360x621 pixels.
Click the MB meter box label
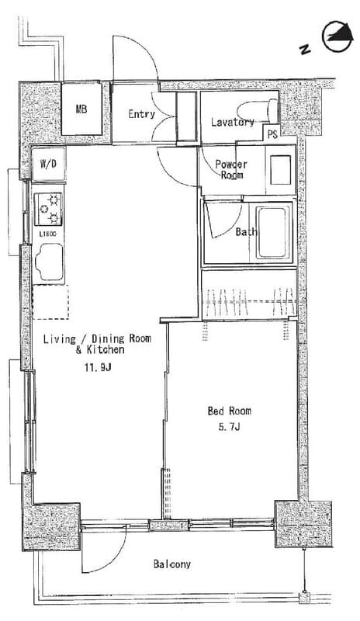pos(81,109)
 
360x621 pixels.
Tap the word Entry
pos(141,114)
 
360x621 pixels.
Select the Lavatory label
pos(233,122)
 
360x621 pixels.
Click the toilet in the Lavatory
pos(257,110)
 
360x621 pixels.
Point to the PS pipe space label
pos(272,134)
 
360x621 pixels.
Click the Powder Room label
pos(231,169)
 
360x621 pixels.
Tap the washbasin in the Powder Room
pos(280,170)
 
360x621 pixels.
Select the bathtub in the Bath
pos(272,232)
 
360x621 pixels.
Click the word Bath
pos(246,231)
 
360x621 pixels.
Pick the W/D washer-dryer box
pos(48,164)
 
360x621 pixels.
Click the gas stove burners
pos(48,209)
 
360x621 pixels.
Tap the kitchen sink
pos(49,262)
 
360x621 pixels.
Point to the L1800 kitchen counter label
pos(47,234)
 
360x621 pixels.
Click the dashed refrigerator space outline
pos(50,302)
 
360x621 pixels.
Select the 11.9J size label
pos(97,367)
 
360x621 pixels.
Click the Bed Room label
pos(230,411)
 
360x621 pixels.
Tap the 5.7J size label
pos(229,427)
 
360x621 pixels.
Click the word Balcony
pos(172,564)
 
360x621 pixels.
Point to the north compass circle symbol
pos(337,37)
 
